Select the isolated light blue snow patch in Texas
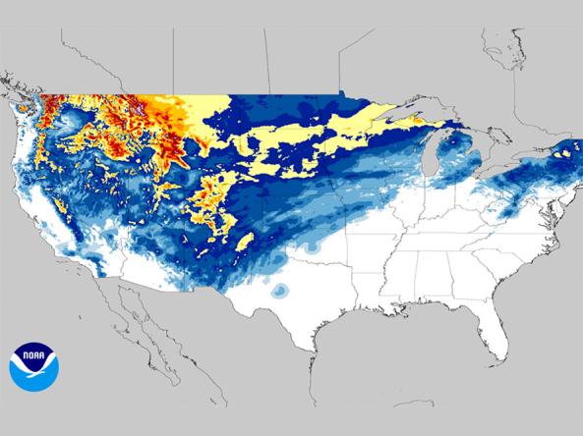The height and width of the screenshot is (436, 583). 281,290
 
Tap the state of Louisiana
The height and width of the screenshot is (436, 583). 374,300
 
